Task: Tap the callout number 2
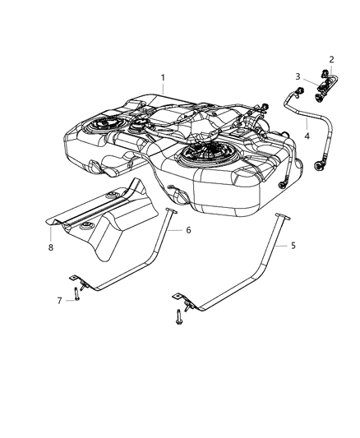click(x=331, y=60)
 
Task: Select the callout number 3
click(x=298, y=76)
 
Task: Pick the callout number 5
click(x=293, y=246)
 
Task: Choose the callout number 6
click(x=187, y=230)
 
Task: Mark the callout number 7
click(x=58, y=301)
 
